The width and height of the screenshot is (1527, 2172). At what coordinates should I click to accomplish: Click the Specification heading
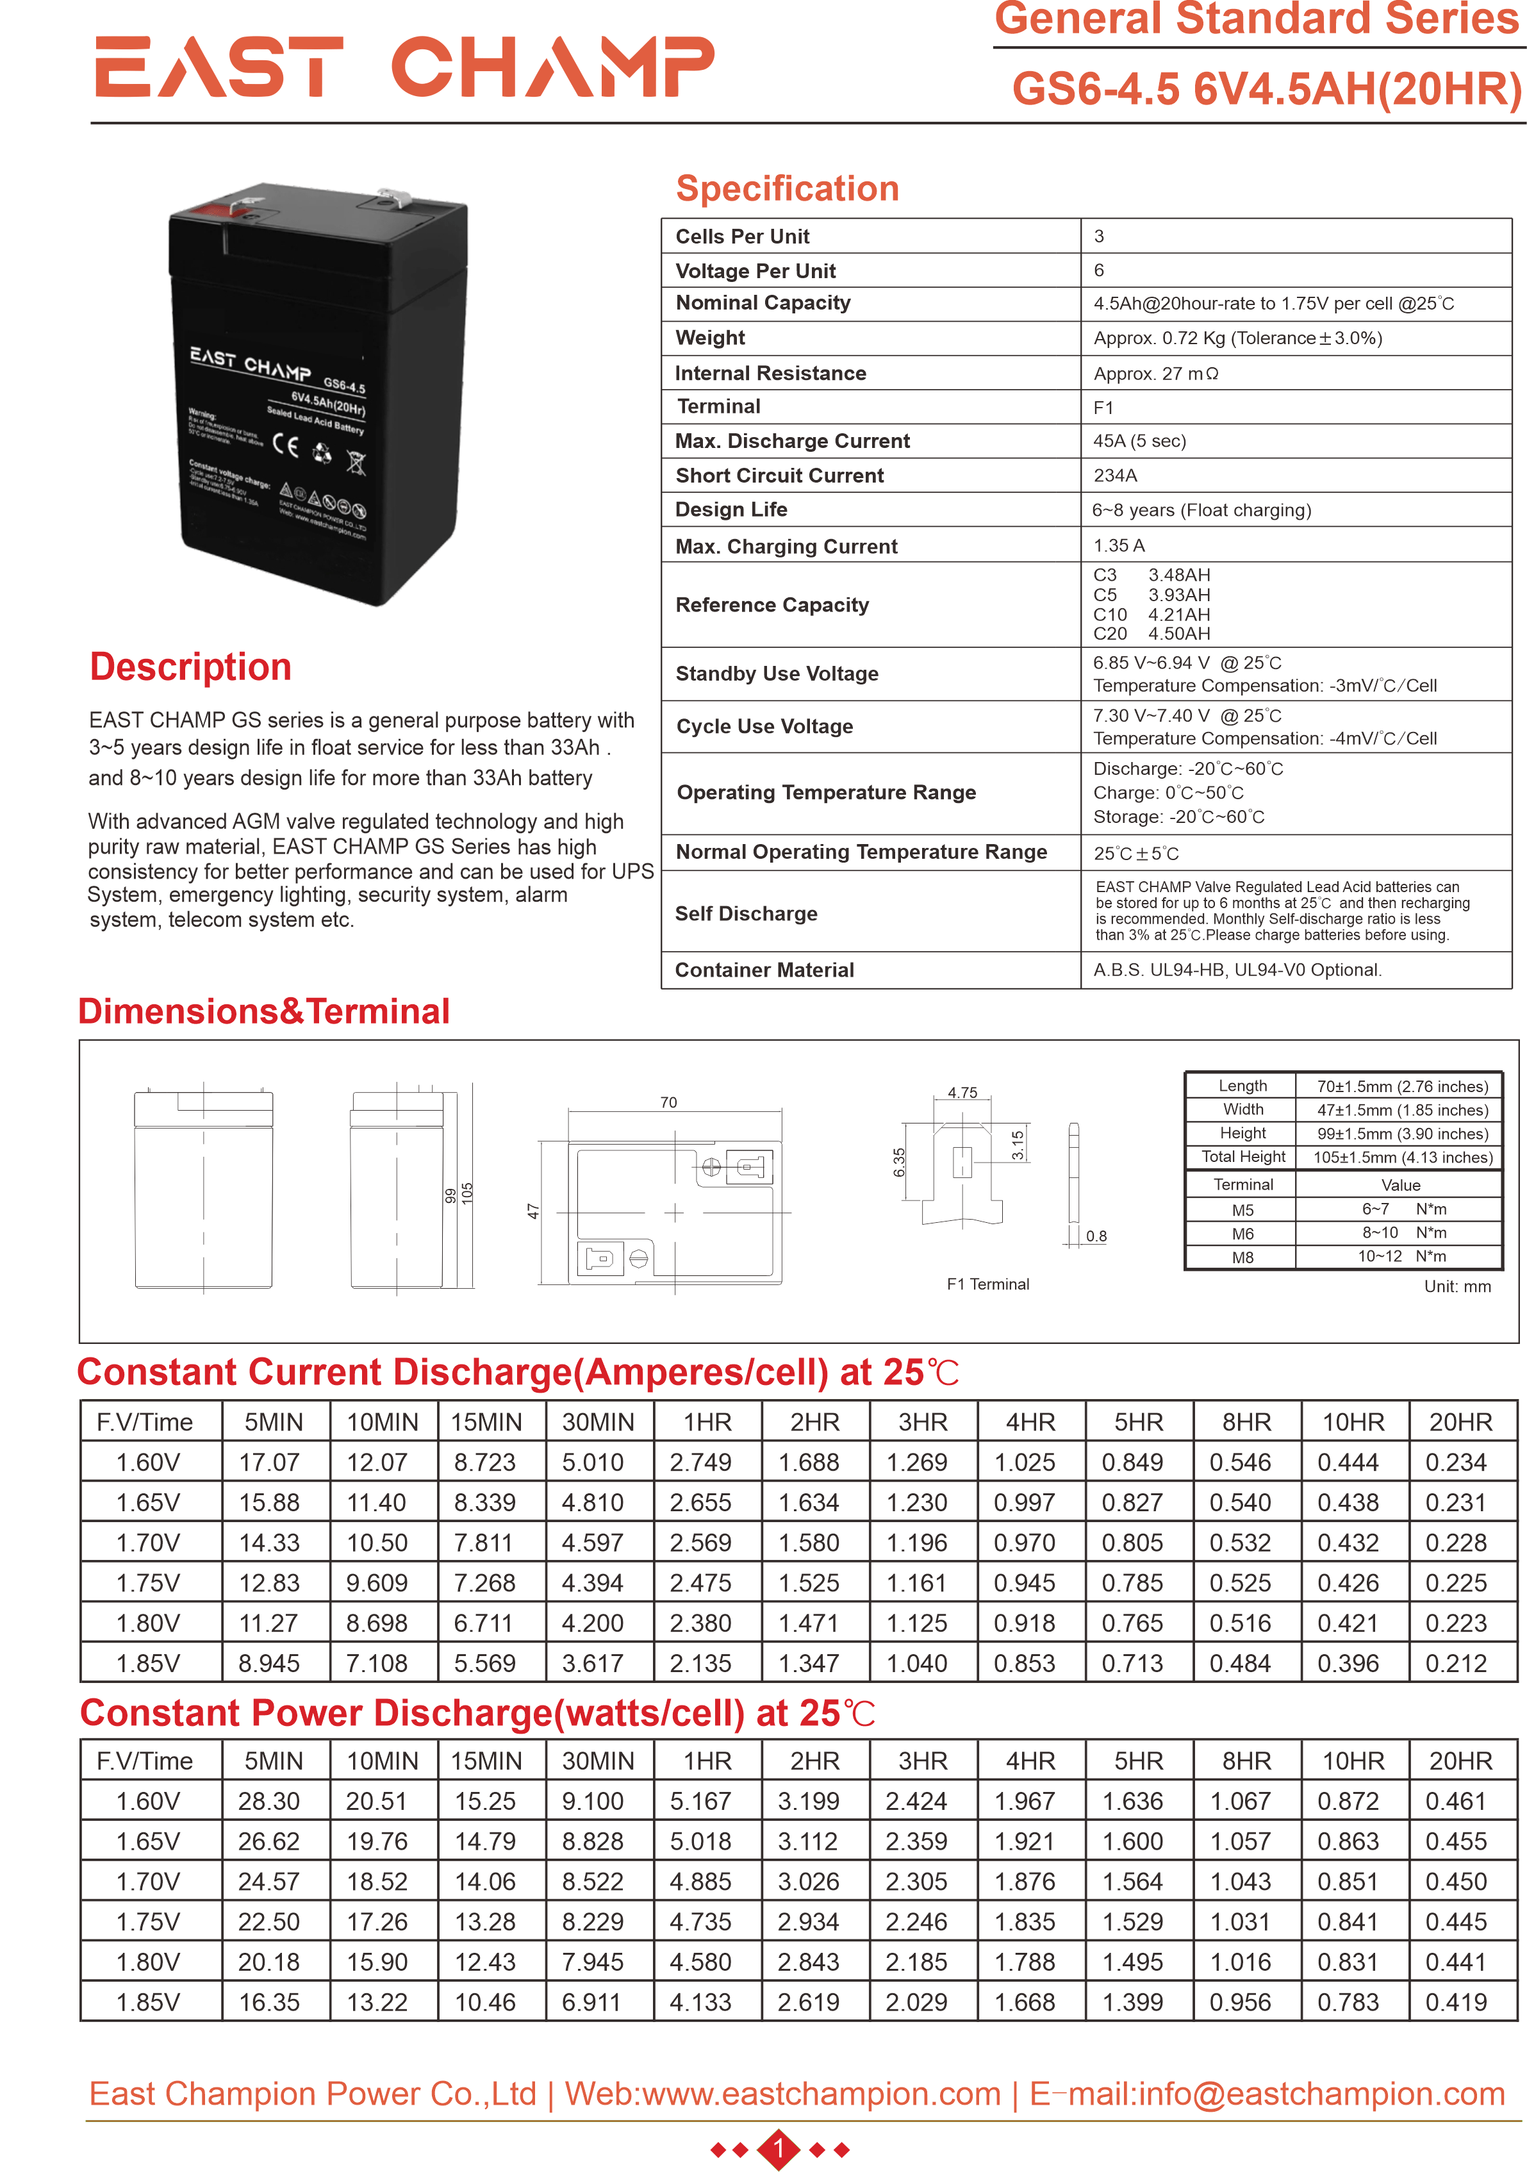click(786, 188)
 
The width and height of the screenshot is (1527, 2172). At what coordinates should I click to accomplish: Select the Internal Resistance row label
click(770, 373)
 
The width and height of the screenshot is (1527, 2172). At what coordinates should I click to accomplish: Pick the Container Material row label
click(764, 970)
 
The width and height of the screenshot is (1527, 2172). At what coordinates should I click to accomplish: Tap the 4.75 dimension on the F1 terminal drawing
click(962, 1093)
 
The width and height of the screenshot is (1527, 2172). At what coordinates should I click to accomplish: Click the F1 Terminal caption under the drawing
click(987, 1284)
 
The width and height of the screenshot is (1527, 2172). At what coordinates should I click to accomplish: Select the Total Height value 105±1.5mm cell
click(1402, 1157)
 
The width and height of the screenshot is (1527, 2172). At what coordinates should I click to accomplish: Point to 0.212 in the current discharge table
click(1455, 1663)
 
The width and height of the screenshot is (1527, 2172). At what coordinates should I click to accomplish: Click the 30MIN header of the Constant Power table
click(598, 1761)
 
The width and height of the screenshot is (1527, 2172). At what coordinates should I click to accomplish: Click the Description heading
click(190, 667)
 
